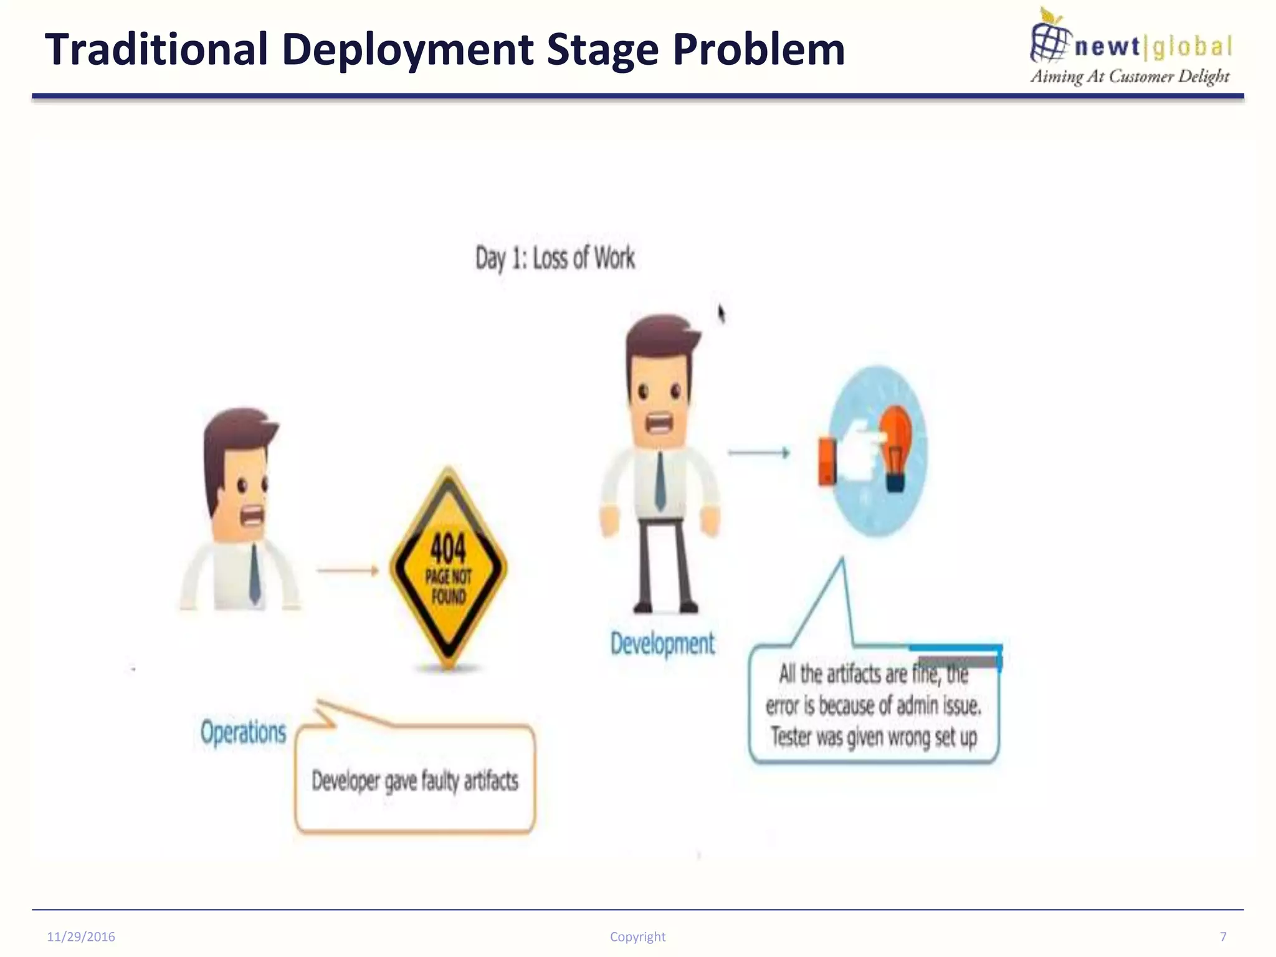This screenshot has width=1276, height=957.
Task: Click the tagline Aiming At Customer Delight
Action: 1129,77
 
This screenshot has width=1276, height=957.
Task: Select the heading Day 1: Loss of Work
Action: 555,258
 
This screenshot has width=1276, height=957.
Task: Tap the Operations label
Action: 243,732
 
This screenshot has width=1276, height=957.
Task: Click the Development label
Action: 662,644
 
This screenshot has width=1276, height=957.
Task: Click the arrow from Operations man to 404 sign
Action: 348,570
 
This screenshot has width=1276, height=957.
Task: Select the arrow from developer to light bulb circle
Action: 758,453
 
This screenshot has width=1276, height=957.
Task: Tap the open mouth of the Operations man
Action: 253,516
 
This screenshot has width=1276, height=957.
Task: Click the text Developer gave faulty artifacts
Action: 414,781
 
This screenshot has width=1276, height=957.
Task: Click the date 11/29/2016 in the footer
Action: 81,936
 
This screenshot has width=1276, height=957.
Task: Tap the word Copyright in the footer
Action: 637,936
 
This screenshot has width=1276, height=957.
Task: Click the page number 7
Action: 1222,936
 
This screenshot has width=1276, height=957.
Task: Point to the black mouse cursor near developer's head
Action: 721,313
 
